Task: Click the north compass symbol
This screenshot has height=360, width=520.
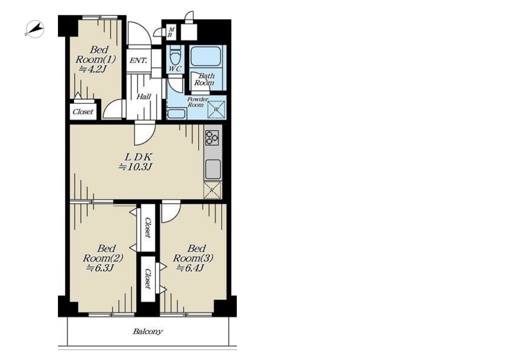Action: pos(35,29)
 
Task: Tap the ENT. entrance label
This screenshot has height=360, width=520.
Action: pos(138,60)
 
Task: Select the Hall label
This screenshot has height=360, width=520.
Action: pos(144,97)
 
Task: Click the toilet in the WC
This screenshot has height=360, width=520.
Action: pos(175,55)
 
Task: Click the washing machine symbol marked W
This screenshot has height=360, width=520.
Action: pos(216,109)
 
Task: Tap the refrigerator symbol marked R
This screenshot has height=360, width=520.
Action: pos(212,190)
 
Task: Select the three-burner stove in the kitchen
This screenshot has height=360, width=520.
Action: pos(212,138)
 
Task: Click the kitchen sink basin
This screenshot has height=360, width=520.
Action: pos(213,169)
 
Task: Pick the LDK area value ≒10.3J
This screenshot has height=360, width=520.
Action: pos(135,167)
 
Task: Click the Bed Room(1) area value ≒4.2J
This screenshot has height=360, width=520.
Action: pos(92,69)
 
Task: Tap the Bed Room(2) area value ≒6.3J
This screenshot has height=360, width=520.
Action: pos(100,268)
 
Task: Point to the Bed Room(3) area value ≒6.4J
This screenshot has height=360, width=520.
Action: pos(190,268)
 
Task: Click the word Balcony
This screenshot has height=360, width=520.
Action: pos(148,331)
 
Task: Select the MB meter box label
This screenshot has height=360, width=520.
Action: pos(171,32)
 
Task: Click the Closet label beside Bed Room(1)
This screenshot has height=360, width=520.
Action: pos(83,112)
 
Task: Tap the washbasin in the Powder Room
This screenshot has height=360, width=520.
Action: pos(176,113)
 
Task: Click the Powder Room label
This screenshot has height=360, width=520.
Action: pos(197,102)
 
